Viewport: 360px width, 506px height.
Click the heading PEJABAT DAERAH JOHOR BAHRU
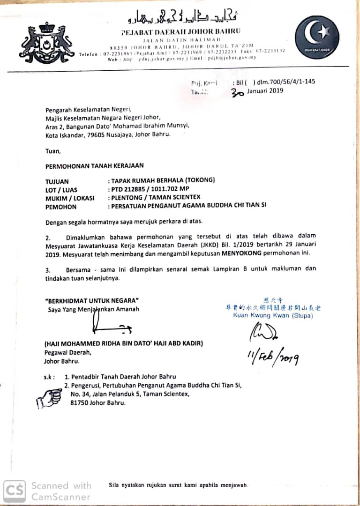(180, 31)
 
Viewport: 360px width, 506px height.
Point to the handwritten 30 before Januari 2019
(238, 92)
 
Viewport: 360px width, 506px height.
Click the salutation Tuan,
(53, 151)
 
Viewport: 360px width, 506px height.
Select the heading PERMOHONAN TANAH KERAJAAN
(94, 165)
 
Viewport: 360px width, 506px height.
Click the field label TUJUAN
(57, 181)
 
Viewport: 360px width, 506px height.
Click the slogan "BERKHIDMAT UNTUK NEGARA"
(92, 300)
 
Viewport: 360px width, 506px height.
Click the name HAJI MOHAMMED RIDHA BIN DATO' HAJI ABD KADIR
(124, 343)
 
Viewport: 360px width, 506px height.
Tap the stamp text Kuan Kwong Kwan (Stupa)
(273, 315)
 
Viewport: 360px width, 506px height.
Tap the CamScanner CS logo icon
(15, 490)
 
